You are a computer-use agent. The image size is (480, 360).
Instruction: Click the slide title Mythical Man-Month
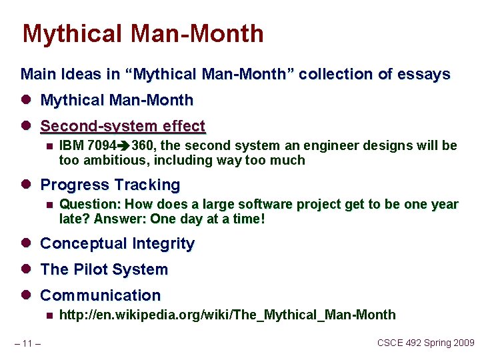pos(143,33)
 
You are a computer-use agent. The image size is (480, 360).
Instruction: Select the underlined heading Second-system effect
pos(123,126)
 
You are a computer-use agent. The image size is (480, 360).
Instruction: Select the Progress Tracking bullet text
pos(110,185)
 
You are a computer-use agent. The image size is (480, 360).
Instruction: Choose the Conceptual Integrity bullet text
pos(117,244)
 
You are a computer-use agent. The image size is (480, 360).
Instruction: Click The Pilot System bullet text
pos(104,270)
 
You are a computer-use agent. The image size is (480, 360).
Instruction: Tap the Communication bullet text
pos(101,295)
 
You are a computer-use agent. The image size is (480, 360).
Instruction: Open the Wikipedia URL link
pos(227,315)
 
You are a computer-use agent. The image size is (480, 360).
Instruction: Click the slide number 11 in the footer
pos(27,344)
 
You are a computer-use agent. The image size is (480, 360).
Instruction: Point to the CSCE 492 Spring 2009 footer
pos(425,343)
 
